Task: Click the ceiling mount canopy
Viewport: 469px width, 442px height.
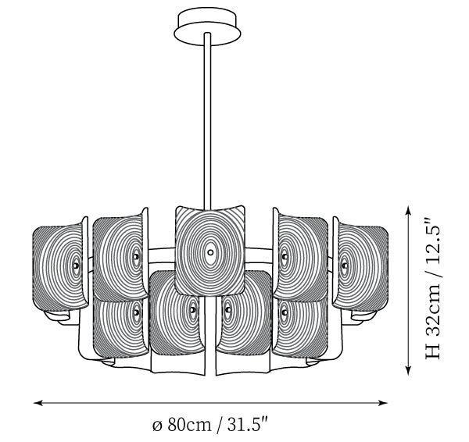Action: [x=207, y=27]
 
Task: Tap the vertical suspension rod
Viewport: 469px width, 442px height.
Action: [x=207, y=119]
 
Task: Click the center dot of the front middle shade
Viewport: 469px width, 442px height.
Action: [x=210, y=252]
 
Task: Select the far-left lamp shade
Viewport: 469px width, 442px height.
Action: [x=61, y=266]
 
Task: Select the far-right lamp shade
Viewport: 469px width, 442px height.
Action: [x=360, y=266]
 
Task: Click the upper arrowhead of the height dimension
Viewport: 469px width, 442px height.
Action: [x=408, y=211]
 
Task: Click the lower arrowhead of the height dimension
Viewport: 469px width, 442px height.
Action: [x=408, y=370]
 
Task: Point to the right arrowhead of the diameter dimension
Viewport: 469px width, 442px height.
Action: [x=383, y=403]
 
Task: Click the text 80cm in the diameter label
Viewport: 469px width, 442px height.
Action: [x=189, y=424]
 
